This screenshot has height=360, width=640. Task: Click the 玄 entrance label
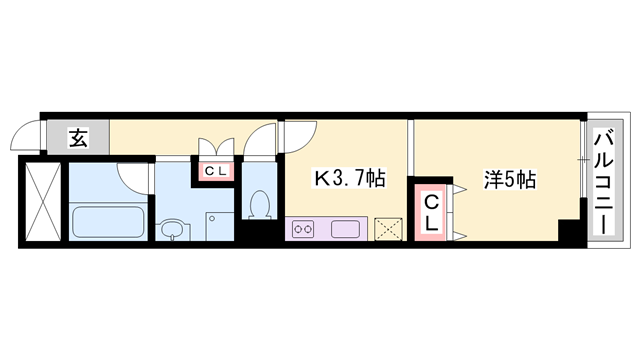click(78, 138)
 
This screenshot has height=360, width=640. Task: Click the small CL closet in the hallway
click(215, 171)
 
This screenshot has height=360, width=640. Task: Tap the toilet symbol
click(260, 206)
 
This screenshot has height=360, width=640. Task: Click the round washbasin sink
click(174, 231)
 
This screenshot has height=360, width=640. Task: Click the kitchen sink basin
click(345, 229)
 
